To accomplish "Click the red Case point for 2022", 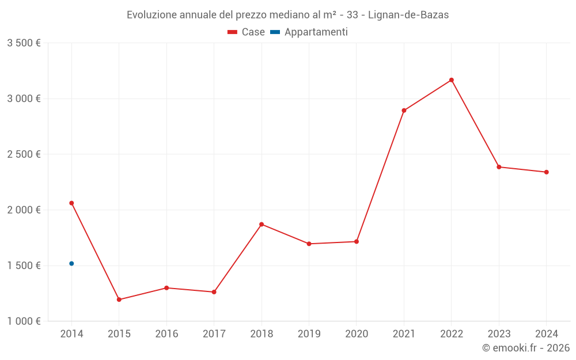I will click(x=452, y=80).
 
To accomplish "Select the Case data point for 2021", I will click(x=404, y=111).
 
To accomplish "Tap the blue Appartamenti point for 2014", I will click(x=71, y=263).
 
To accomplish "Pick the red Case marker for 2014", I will click(x=71, y=203).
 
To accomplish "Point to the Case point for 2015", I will click(x=119, y=300).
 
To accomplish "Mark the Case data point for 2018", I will click(x=262, y=224).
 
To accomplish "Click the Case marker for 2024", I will click(x=546, y=172).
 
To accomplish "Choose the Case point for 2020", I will click(x=357, y=241).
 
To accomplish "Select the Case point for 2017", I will click(x=214, y=292).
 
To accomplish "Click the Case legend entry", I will click(x=247, y=32).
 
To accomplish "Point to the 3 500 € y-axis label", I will click(x=24, y=43).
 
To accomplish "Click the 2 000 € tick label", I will click(x=24, y=210).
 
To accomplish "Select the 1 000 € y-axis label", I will click(x=24, y=321).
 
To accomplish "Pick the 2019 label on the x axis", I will click(x=309, y=334).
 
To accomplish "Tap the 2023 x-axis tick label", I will click(x=499, y=334).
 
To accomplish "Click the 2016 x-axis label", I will click(x=166, y=334).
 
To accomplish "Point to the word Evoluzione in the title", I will click(x=152, y=15).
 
